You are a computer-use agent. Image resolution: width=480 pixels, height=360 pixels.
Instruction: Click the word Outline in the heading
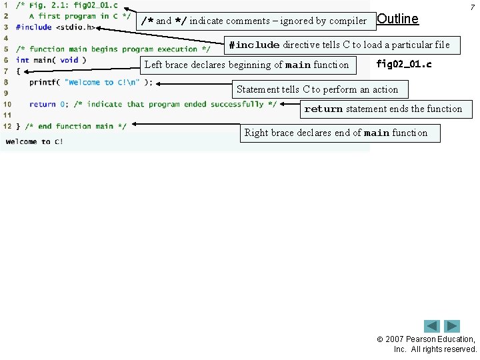coord(398,19)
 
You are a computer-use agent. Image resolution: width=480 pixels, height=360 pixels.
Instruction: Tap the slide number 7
coord(473,6)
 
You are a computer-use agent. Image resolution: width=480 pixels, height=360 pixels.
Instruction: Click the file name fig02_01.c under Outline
coord(404,65)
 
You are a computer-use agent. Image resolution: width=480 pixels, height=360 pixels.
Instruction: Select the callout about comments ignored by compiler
coord(254,21)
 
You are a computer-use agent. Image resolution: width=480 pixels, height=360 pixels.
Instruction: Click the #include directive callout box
coord(339,45)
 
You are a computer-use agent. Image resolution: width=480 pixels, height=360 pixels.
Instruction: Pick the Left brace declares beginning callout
coord(247,65)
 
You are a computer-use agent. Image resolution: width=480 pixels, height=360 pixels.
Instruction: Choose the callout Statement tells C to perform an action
coord(317,89)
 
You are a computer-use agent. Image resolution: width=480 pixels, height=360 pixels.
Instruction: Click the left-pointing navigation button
coord(432,326)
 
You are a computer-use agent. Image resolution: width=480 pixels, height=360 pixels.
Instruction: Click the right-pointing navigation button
coord(452,326)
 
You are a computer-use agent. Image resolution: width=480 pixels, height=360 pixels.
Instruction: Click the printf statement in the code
coord(91,83)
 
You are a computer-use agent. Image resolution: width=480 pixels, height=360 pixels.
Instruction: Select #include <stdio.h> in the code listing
coord(55,27)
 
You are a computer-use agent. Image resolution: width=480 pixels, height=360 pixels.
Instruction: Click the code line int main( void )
coord(51,60)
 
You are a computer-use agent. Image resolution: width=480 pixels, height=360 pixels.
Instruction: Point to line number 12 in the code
coord(7,126)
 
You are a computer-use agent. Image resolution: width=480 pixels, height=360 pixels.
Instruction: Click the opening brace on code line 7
coord(18,71)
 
